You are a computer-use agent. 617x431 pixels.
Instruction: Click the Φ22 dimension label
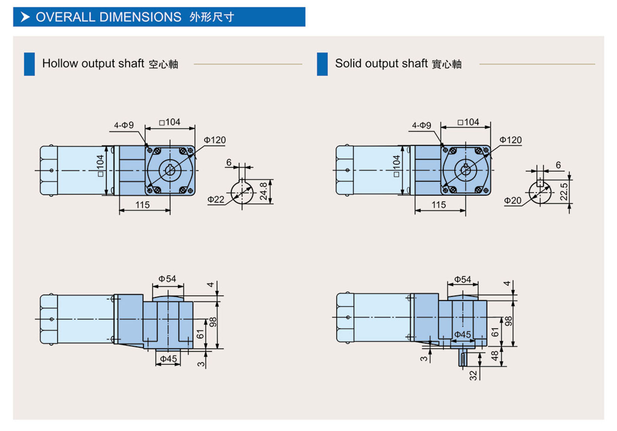click(x=216, y=200)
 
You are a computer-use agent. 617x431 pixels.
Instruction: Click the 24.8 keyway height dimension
click(x=263, y=191)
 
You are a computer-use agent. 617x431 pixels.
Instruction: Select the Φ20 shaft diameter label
click(x=513, y=201)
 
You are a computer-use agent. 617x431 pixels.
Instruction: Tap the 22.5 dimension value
click(x=564, y=192)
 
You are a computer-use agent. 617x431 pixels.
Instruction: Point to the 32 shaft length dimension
click(x=473, y=375)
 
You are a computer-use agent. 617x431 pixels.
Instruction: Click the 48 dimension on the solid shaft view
click(x=495, y=356)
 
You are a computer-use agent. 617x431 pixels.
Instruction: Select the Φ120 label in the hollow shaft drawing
click(x=215, y=140)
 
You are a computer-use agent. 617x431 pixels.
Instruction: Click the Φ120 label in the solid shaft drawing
click(x=510, y=140)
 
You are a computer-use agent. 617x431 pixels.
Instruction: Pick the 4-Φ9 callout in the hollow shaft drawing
click(x=124, y=125)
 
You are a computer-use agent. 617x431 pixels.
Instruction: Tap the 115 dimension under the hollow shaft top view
click(x=142, y=205)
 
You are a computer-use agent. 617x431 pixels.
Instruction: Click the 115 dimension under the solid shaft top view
click(x=438, y=205)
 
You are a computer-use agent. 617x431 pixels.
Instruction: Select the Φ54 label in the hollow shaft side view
click(x=167, y=279)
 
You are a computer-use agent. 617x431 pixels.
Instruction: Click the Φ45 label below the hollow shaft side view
click(x=168, y=359)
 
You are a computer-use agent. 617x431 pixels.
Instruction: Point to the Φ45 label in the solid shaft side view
click(x=463, y=334)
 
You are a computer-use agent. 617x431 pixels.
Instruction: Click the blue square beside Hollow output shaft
click(x=29, y=64)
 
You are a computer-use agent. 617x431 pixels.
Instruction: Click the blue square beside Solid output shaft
click(x=322, y=64)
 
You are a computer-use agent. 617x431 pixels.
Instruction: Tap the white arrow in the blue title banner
click(x=25, y=17)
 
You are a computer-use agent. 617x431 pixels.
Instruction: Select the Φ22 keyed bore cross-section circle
click(x=242, y=193)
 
